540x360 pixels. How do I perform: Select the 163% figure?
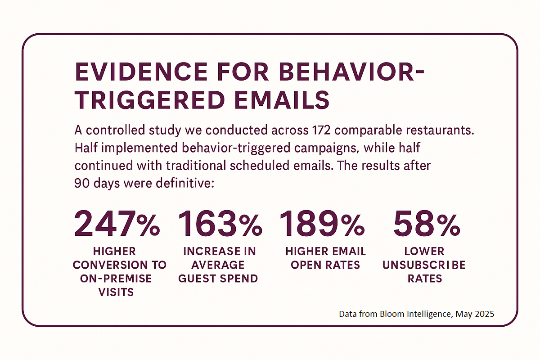[x=220, y=224]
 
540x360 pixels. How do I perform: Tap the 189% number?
[x=322, y=224]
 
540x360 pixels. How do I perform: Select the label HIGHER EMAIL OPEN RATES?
[x=325, y=258]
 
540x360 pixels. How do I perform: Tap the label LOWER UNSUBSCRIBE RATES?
[x=424, y=265]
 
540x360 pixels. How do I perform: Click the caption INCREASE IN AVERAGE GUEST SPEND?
[x=219, y=265]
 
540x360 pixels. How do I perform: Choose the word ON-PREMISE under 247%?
[x=117, y=278]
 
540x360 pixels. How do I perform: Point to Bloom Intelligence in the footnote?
[x=414, y=314]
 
